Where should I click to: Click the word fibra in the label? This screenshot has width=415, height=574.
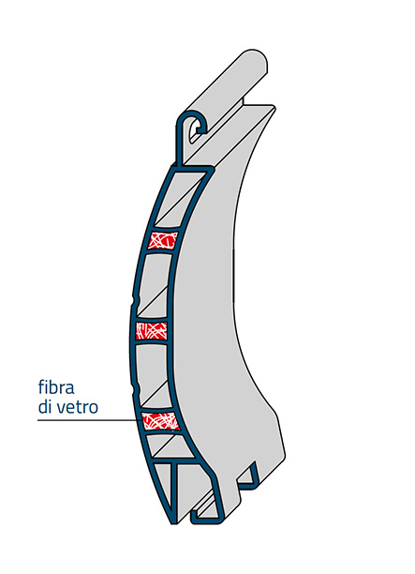pyautogui.click(x=56, y=387)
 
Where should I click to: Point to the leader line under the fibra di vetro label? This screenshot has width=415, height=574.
pyautogui.click(x=90, y=420)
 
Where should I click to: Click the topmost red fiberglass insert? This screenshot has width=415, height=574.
pyautogui.click(x=162, y=240)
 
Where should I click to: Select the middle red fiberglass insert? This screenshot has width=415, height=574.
pyautogui.click(x=152, y=330)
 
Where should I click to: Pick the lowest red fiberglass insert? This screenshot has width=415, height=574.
pyautogui.click(x=160, y=421)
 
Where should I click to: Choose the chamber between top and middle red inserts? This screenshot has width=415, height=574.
pyautogui.click(x=153, y=285)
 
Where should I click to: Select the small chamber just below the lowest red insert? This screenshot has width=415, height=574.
pyautogui.click(x=169, y=446)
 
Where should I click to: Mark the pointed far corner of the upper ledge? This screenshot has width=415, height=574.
pyautogui.click(x=274, y=107)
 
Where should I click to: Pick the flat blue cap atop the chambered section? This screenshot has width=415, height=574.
pyautogui.click(x=192, y=170)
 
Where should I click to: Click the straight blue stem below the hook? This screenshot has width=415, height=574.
pyautogui.click(x=179, y=146)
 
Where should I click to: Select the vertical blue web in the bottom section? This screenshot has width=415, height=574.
pyautogui.click(x=175, y=492)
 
